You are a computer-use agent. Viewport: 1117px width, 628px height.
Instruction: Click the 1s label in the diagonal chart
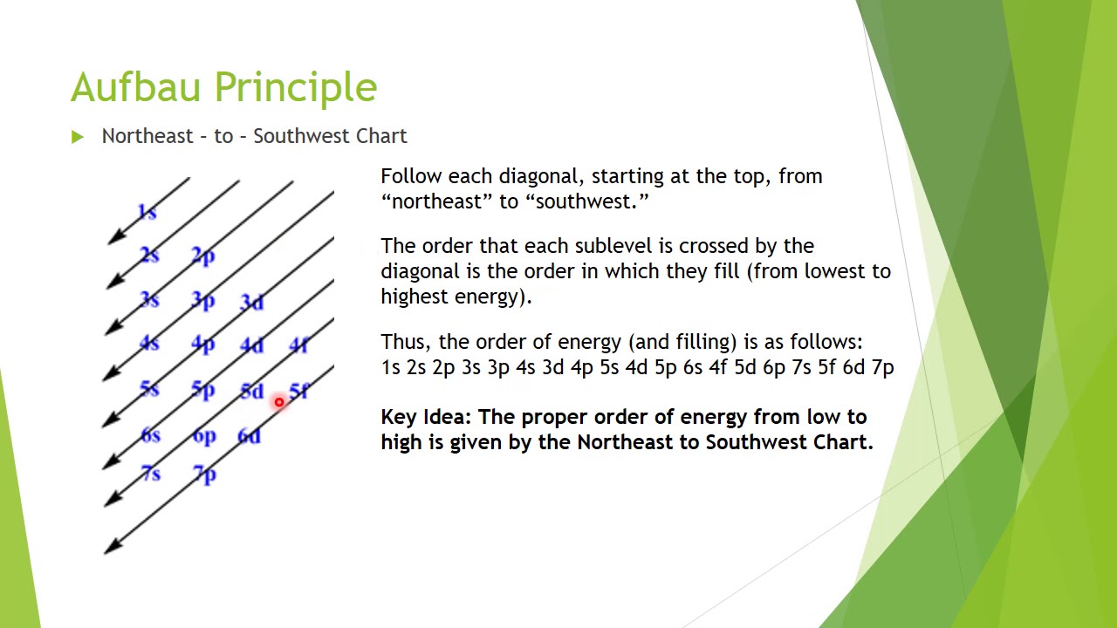(x=147, y=212)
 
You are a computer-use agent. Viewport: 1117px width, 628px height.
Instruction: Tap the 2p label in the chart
(x=203, y=256)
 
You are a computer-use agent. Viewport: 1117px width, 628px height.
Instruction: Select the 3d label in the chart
(x=252, y=302)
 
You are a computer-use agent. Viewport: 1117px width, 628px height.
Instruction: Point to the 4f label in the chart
(x=298, y=345)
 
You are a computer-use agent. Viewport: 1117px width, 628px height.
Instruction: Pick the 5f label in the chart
(x=299, y=391)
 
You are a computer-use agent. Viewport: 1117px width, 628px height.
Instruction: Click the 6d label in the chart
(x=250, y=436)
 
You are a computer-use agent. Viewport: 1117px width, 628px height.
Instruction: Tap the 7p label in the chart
(x=204, y=474)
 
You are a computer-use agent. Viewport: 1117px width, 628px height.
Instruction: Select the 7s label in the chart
(x=151, y=473)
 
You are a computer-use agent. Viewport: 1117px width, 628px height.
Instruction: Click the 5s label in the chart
(x=149, y=389)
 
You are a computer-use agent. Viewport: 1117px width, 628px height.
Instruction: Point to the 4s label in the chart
(x=149, y=343)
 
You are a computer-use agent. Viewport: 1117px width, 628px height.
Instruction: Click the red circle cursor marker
(x=278, y=402)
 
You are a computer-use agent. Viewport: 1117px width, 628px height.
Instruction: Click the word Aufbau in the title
(x=135, y=86)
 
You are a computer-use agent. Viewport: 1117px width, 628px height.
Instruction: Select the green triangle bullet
(x=78, y=137)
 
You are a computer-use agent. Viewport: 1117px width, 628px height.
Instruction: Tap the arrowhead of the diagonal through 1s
(x=117, y=236)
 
